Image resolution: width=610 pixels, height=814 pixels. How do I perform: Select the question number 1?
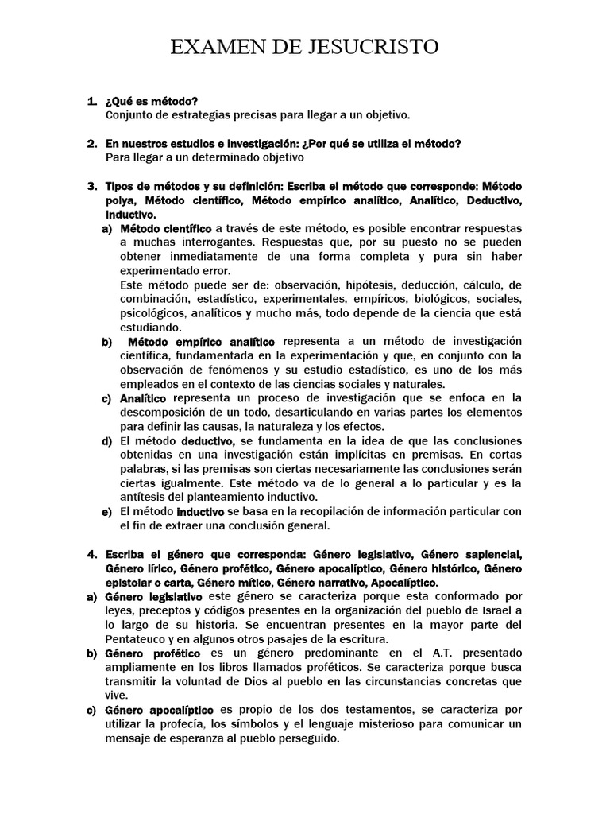point(91,101)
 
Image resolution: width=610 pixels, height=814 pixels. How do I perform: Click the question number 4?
point(91,554)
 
